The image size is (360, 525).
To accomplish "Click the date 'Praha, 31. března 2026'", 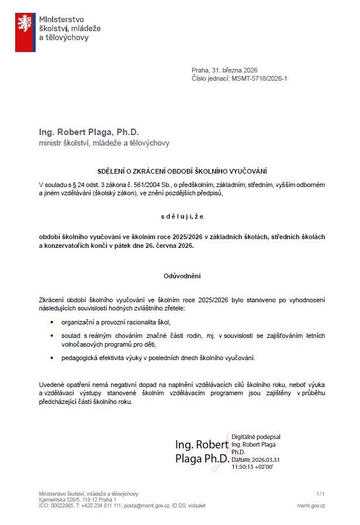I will click(224, 70).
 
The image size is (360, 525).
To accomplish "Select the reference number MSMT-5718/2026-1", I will click(260, 78).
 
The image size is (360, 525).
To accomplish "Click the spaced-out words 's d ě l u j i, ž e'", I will click(181, 216).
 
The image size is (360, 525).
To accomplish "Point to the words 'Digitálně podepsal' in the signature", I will click(255, 437).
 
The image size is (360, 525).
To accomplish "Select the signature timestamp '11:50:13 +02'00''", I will click(252, 467).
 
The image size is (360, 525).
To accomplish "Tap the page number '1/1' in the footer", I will click(320, 494).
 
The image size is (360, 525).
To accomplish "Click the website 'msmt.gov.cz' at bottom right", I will click(311, 505).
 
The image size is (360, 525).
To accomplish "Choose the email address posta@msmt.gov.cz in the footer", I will click(145, 505).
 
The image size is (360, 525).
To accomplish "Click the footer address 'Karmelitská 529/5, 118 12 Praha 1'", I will click(77, 500).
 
